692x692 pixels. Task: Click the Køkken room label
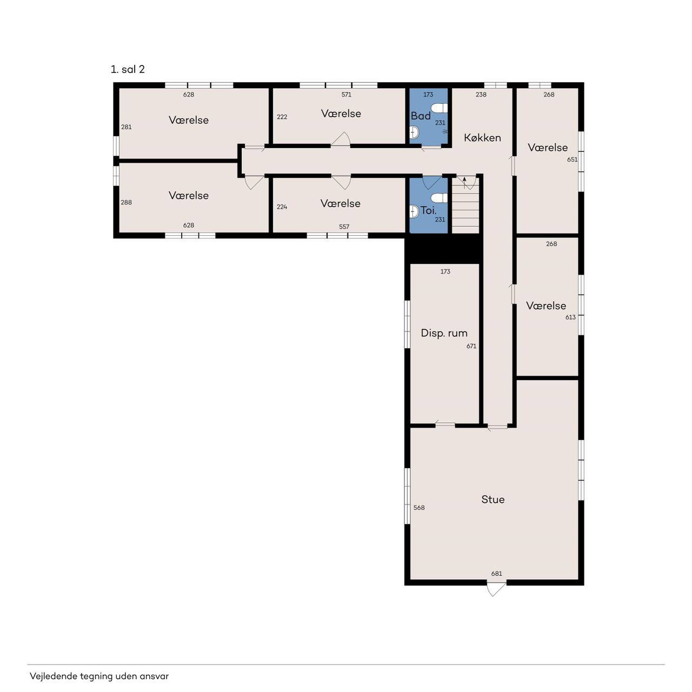click(x=482, y=137)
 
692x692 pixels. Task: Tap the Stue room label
click(x=493, y=499)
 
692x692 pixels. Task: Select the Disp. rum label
click(x=444, y=333)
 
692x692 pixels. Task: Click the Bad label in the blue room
click(x=421, y=116)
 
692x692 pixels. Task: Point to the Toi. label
click(x=428, y=210)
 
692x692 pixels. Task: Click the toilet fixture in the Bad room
click(x=439, y=108)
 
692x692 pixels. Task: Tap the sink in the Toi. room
click(x=414, y=211)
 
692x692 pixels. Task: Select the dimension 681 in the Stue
click(x=496, y=574)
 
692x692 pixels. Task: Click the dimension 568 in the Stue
click(x=419, y=508)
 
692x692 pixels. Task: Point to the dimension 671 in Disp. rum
click(x=471, y=346)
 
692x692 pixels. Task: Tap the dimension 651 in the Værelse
click(x=572, y=159)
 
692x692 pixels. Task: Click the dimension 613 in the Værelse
click(x=570, y=317)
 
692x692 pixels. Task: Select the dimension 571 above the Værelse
click(x=346, y=95)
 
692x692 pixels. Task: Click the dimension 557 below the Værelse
click(x=344, y=227)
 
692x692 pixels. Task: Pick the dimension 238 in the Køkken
click(x=481, y=95)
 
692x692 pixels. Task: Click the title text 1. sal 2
click(x=128, y=69)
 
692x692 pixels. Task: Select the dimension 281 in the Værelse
click(x=126, y=127)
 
